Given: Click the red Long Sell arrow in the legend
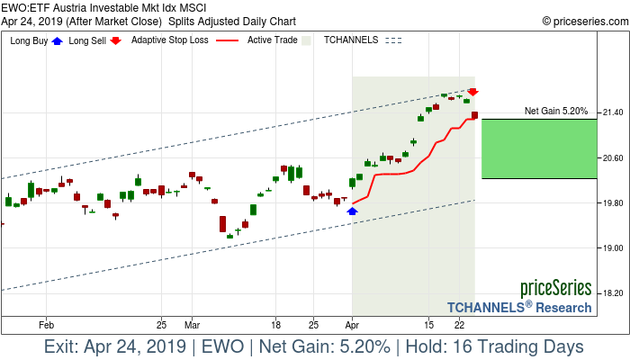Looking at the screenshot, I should tap(117, 40).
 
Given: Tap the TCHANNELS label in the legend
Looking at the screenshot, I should tap(351, 40).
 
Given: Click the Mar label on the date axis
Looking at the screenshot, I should tap(192, 323).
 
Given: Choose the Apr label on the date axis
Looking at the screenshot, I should tap(352, 323).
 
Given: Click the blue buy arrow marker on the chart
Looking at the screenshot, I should tap(352, 211).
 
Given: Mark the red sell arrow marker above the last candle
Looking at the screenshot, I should tap(472, 92).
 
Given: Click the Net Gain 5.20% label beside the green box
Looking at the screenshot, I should tap(556, 112).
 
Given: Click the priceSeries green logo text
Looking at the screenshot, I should tap(555, 289).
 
